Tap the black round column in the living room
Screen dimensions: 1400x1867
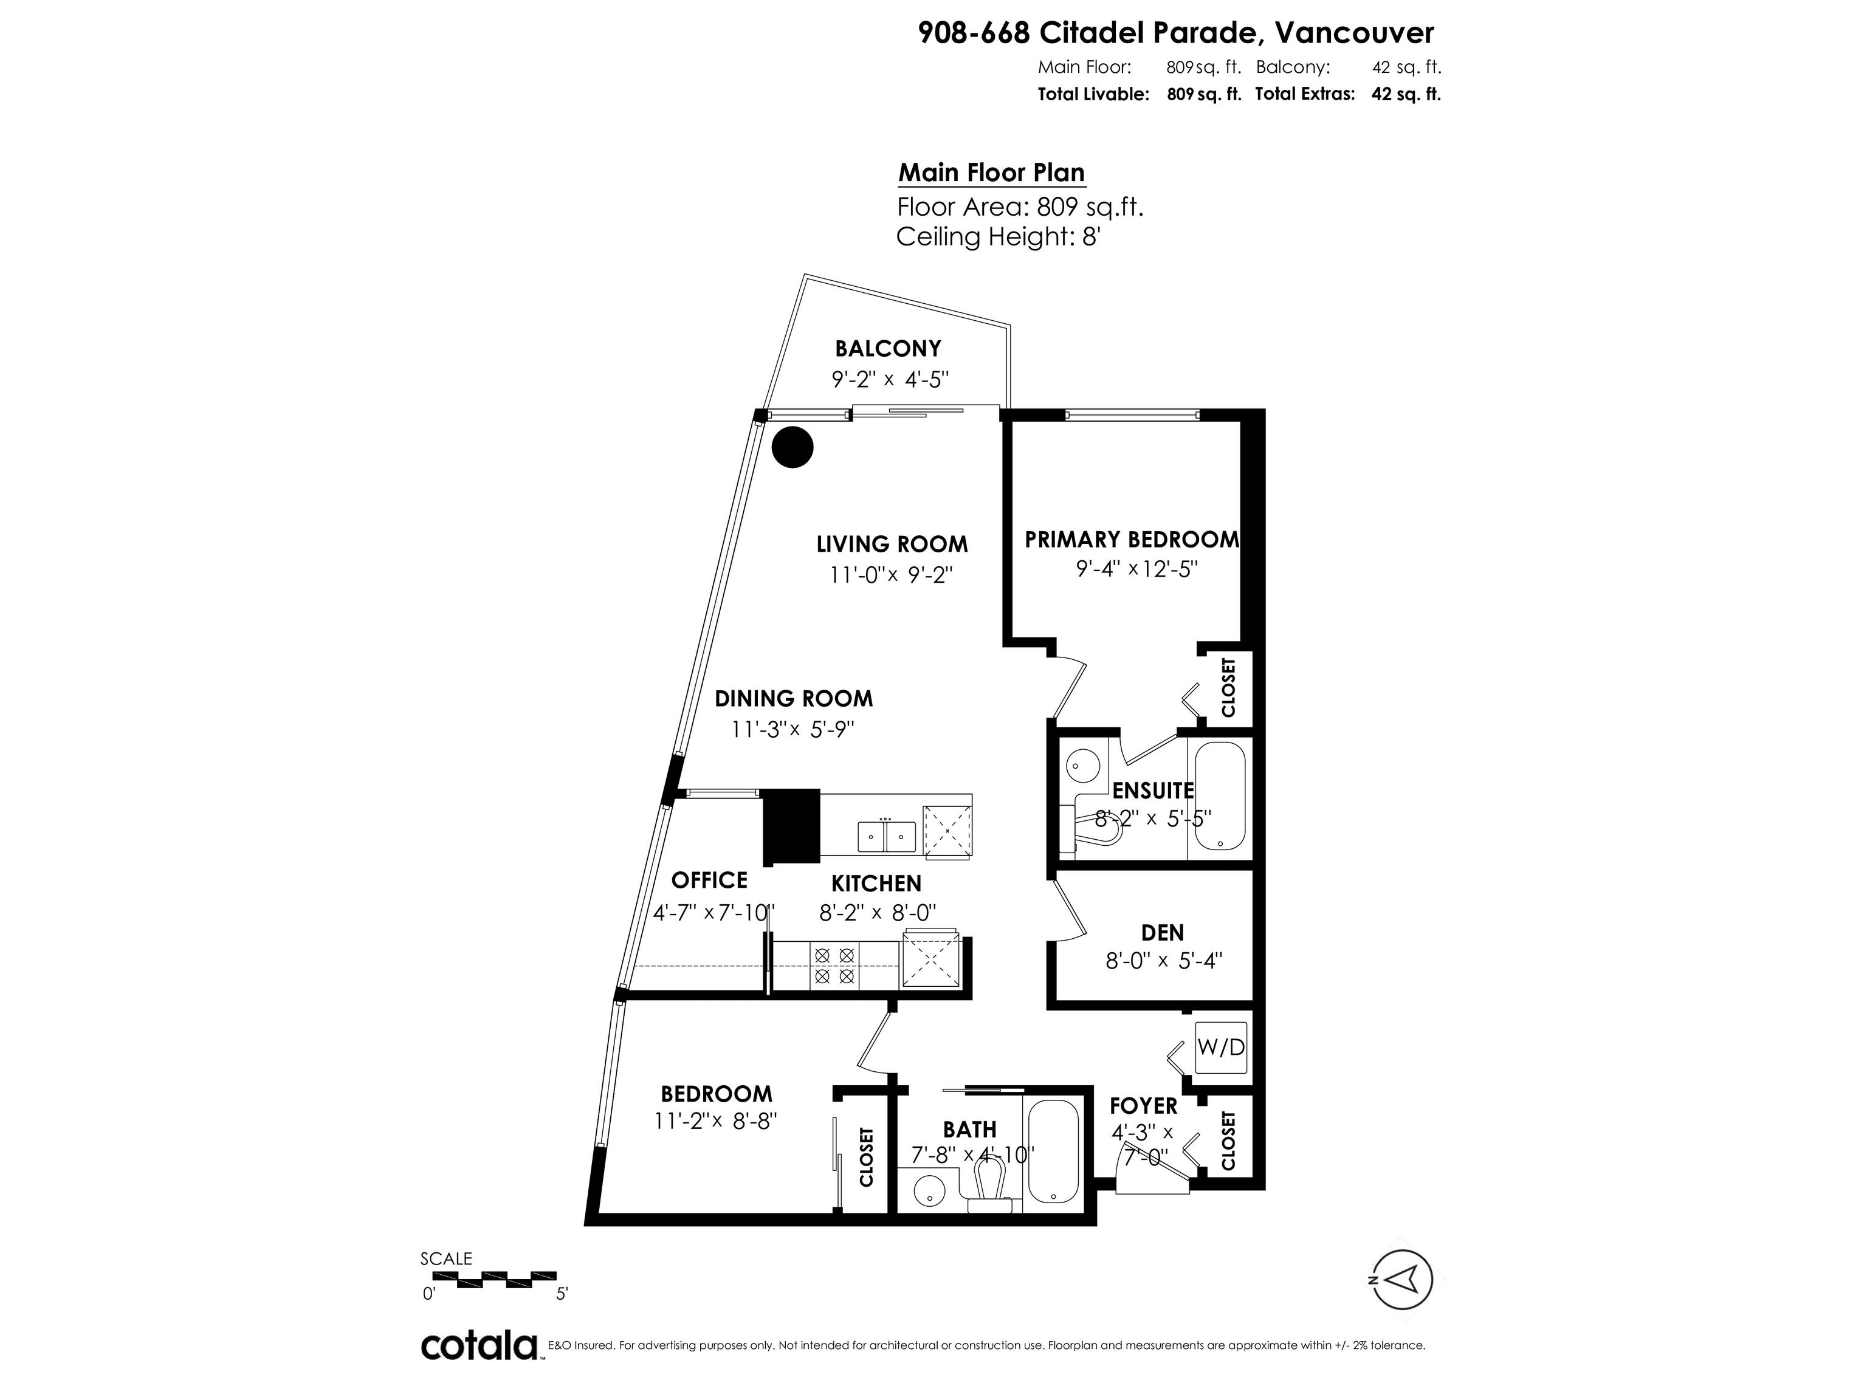(x=792, y=447)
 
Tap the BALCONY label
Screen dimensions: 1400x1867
(x=888, y=349)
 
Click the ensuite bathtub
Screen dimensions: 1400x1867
(x=1220, y=797)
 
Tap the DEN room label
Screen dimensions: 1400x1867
(x=1162, y=933)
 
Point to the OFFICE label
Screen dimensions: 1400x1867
(x=709, y=880)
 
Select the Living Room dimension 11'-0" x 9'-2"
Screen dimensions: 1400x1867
(x=890, y=575)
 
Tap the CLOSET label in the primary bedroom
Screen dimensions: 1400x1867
(x=1228, y=688)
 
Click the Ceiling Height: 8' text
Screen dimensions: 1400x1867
(x=999, y=237)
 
